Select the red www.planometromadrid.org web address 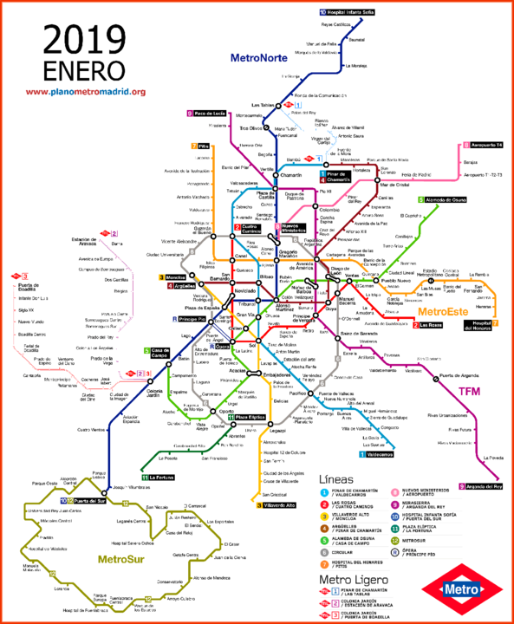coord(85,92)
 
